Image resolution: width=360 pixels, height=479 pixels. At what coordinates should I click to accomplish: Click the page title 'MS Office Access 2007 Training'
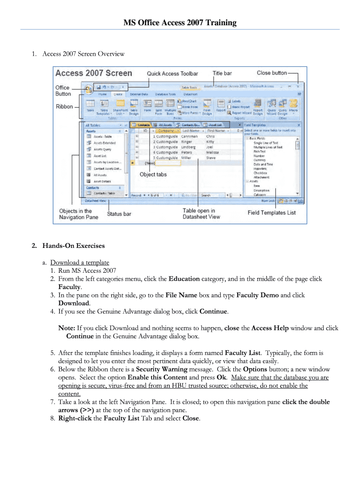[180, 22]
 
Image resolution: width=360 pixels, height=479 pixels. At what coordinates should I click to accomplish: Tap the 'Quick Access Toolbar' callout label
[173, 73]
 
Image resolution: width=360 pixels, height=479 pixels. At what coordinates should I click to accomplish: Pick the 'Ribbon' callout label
[65, 107]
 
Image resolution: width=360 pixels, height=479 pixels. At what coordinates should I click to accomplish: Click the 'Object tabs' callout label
[153, 174]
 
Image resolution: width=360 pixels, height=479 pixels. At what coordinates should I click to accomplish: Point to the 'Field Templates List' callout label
[271, 213]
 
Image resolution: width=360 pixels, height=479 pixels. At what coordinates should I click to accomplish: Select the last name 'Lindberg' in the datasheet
[188, 147]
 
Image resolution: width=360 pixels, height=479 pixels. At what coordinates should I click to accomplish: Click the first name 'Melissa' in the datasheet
[212, 152]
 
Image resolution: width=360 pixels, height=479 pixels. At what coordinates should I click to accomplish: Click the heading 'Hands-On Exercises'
[73, 246]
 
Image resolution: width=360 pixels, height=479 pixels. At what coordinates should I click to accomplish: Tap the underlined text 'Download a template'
[79, 262]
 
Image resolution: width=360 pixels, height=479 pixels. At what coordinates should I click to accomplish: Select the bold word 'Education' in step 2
[184, 279]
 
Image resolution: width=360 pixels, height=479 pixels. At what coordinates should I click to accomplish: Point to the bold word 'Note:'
[67, 328]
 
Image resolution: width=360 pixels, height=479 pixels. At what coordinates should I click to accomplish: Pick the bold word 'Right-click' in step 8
[75, 418]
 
